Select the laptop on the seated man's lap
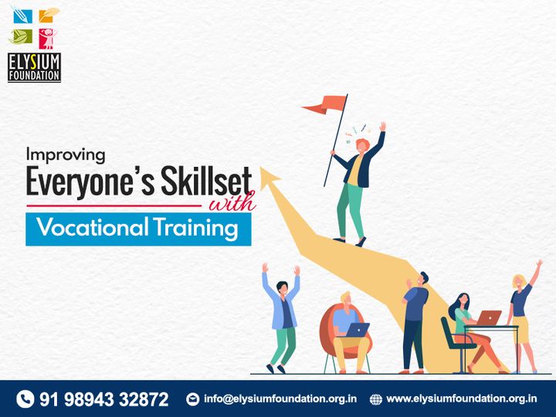tap(356, 330)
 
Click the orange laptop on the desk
tap(488, 317)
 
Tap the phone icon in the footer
tap(25, 398)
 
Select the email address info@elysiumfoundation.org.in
tap(280, 399)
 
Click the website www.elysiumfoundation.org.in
tap(462, 399)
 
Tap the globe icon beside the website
tap(376, 399)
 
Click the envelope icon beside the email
tap(193, 399)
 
